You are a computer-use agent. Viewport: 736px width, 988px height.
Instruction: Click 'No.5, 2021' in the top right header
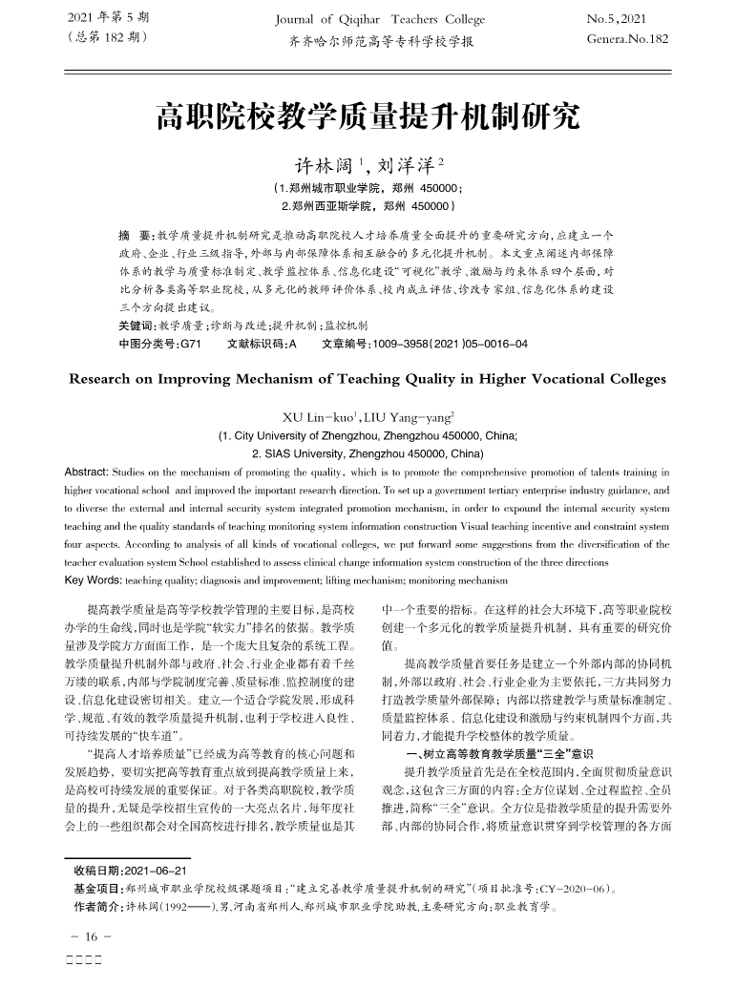(x=616, y=19)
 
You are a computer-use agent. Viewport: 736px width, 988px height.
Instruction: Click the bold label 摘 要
(x=132, y=235)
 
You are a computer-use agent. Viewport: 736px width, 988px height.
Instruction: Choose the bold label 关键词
(x=136, y=326)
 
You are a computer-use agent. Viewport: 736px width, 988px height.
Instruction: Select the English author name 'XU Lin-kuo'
(x=318, y=416)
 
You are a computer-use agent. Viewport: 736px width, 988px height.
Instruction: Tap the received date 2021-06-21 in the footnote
(x=155, y=872)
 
